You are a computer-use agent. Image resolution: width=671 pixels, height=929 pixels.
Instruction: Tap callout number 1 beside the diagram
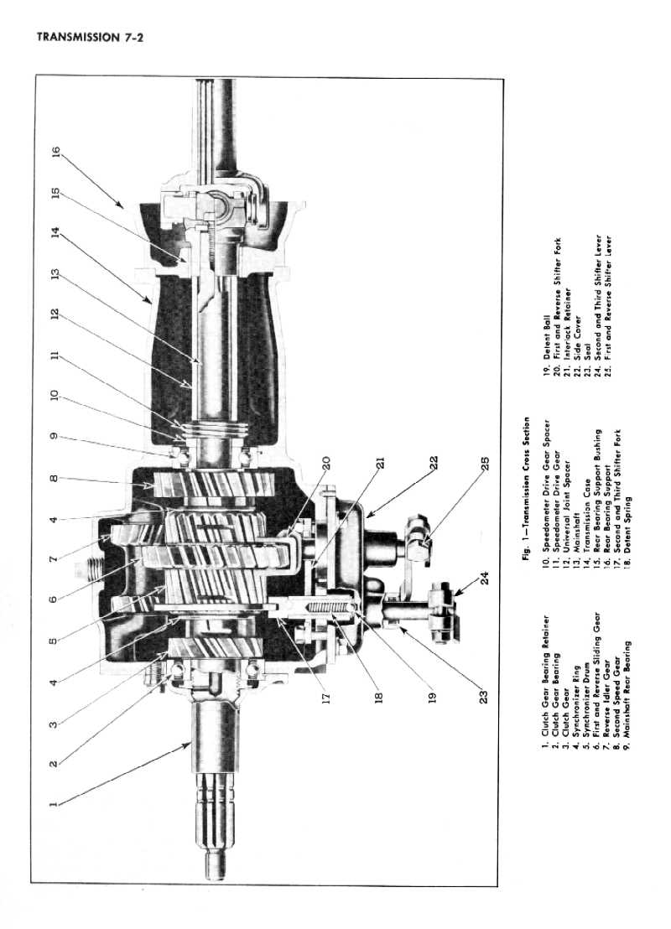pos(55,803)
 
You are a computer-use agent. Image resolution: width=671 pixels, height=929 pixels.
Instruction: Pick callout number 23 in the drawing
pos(484,695)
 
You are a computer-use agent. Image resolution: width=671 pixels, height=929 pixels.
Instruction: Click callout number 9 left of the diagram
pos(55,436)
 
